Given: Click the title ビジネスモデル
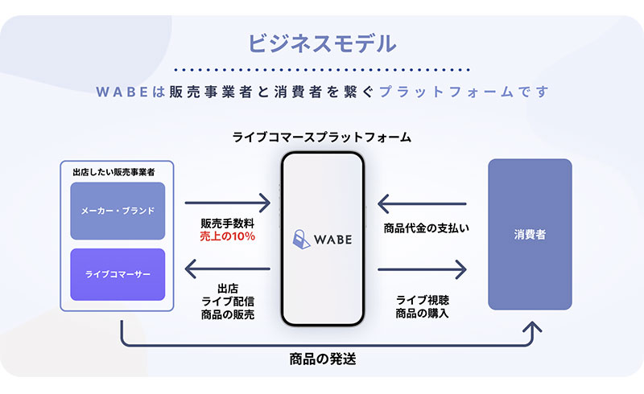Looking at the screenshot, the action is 323,43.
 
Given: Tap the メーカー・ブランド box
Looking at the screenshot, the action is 118,211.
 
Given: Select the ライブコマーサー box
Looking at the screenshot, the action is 118,274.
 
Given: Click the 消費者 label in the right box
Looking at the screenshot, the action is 530,234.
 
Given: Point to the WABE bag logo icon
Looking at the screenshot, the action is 301,240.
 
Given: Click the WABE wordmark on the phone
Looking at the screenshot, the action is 333,240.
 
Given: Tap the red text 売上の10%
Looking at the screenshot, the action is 228,236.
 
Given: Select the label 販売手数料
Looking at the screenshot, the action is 228,224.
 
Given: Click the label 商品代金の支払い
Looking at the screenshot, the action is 427,228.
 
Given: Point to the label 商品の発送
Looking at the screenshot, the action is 323,359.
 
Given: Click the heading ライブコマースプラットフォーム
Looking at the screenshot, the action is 322,137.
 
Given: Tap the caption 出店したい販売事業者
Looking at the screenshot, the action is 114,172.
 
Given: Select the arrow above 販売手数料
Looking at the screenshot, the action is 228,203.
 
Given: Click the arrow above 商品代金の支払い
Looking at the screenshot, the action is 422,203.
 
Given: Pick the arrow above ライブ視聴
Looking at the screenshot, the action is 422,269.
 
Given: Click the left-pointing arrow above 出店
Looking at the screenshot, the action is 228,269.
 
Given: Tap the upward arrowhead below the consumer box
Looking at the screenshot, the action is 532,327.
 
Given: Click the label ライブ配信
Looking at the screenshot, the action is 228,302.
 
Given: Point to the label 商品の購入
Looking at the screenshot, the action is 422,314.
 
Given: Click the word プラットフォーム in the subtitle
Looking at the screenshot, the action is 447,92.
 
